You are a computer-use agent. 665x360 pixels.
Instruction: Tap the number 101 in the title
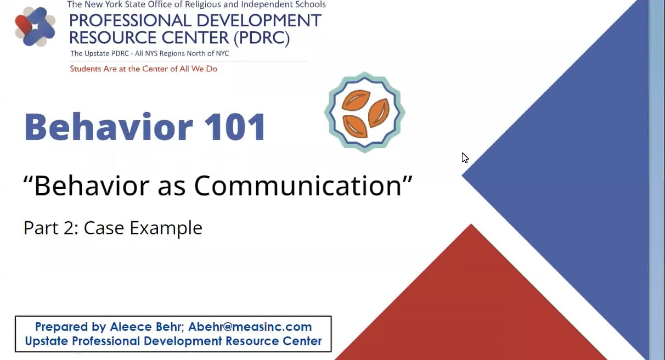point(235,127)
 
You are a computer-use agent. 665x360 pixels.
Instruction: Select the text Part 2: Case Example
point(113,227)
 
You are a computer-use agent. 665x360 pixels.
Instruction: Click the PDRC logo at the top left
point(35,26)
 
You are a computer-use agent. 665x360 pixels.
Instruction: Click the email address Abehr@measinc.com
point(250,327)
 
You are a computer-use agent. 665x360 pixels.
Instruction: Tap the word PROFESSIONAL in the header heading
point(129,21)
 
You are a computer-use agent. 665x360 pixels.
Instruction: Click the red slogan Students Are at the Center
point(143,69)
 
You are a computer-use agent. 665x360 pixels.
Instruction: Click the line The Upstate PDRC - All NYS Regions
point(149,54)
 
